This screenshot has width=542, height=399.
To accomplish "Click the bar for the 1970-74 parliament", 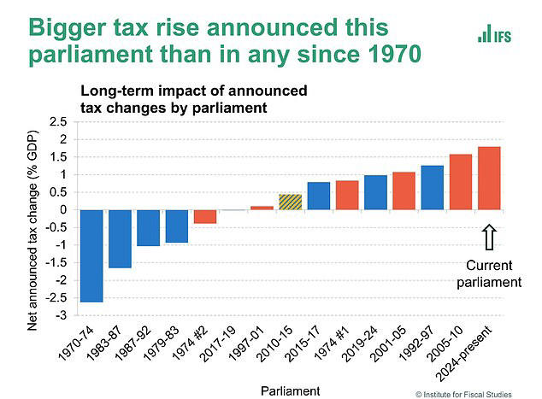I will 92,255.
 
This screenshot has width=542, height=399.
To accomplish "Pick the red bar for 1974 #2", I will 205,216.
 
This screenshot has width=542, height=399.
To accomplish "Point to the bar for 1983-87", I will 121,238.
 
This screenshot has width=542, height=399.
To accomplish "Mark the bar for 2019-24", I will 375,192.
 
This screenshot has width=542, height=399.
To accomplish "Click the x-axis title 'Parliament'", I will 292,390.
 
